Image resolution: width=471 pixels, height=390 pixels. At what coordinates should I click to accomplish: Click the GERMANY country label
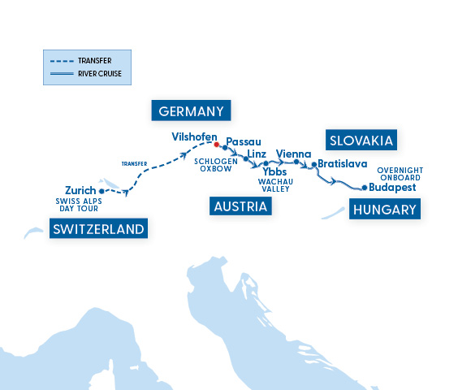click(192, 110)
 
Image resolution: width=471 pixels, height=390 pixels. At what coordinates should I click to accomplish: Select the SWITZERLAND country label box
click(98, 229)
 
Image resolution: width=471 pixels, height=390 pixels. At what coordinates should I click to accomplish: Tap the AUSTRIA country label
click(240, 206)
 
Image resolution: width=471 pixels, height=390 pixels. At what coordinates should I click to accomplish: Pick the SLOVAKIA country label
click(361, 141)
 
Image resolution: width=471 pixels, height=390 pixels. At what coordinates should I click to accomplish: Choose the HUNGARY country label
click(385, 210)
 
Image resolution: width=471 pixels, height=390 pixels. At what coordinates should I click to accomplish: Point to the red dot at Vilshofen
click(216, 145)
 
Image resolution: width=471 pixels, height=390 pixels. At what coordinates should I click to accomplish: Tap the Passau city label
click(244, 141)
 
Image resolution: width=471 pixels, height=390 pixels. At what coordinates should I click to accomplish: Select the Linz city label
click(257, 154)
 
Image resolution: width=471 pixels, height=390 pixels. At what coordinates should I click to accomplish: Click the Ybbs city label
click(275, 171)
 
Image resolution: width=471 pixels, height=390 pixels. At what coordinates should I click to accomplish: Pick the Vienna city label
click(292, 153)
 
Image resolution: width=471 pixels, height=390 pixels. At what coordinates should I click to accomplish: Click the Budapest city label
click(392, 187)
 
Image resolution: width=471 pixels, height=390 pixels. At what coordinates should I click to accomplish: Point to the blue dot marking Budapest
click(365, 188)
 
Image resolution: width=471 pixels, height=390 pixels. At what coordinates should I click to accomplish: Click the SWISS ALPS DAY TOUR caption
click(78, 204)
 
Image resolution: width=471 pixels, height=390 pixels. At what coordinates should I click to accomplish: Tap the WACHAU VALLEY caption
click(274, 185)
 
